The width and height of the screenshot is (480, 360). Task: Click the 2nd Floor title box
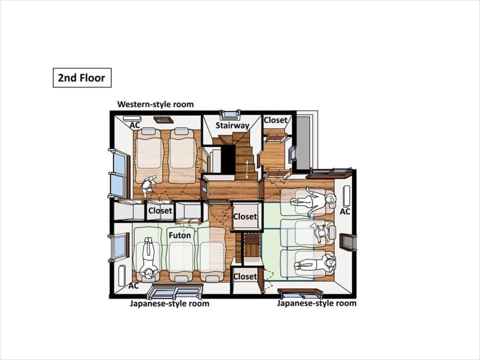pyautogui.click(x=82, y=78)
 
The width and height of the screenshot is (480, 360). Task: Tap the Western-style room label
pyautogui.click(x=155, y=104)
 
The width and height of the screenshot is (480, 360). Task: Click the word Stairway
pyautogui.click(x=232, y=125)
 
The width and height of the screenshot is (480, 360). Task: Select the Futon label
pyautogui.click(x=179, y=235)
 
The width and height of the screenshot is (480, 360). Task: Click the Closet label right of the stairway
pyautogui.click(x=275, y=120)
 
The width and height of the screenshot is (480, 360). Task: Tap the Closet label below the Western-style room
pyautogui.click(x=160, y=210)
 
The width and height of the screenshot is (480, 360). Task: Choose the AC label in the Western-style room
pyautogui.click(x=135, y=125)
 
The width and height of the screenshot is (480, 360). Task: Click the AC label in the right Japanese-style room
pyautogui.click(x=345, y=211)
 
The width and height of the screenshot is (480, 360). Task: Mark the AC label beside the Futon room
pyautogui.click(x=133, y=286)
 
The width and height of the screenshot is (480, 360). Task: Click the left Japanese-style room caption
pyautogui.click(x=169, y=303)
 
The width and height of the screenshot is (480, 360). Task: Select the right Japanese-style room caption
pyautogui.click(x=317, y=303)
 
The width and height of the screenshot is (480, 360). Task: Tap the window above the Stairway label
pyautogui.click(x=230, y=114)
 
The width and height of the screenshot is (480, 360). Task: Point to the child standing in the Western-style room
pyautogui.click(x=148, y=185)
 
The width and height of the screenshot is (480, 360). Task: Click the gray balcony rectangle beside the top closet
pyautogui.click(x=303, y=142)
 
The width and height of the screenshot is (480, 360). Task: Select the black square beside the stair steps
pyautogui.click(x=228, y=159)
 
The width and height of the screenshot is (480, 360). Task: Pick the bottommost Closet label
pyautogui.click(x=245, y=276)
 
